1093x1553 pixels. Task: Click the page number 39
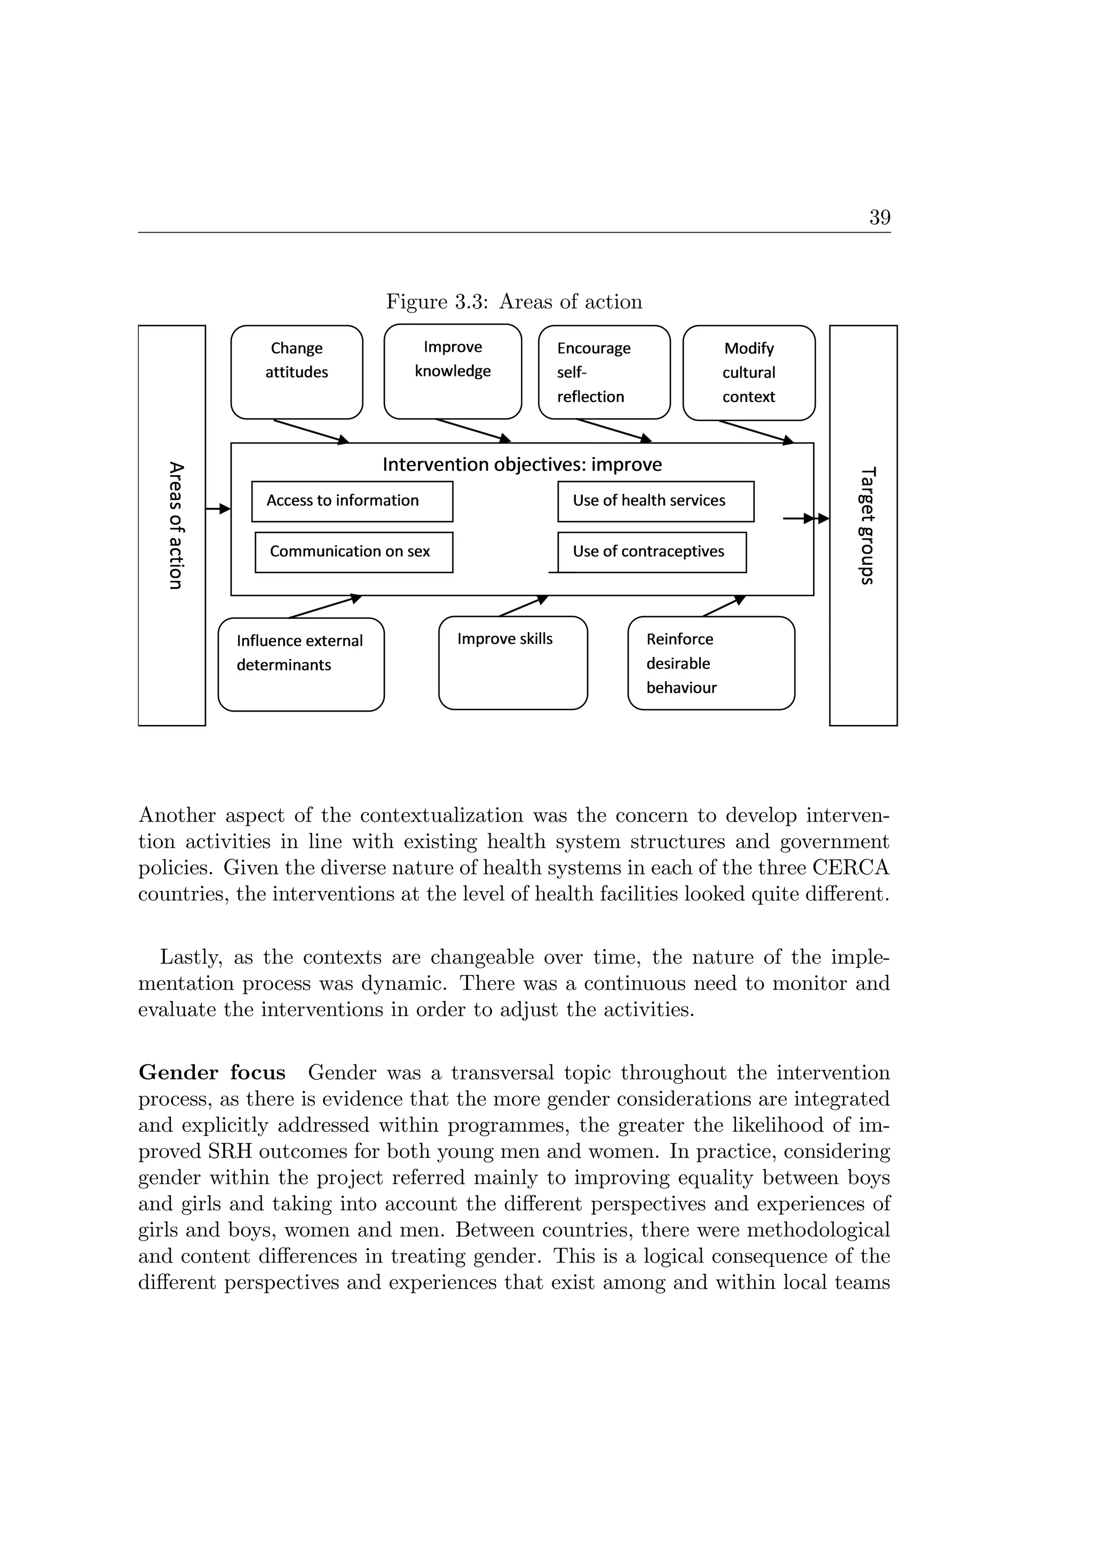[880, 217]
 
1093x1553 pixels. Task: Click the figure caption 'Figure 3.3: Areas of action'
[514, 302]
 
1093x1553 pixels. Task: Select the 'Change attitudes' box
[296, 372]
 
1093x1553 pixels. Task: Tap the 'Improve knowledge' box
[453, 372]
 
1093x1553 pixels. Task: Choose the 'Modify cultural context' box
[749, 373]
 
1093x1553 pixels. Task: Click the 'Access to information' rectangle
[352, 501]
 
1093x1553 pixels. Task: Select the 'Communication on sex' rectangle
[353, 552]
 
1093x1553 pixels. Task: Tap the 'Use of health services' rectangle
[655, 501]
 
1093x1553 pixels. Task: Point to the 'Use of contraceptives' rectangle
[651, 552]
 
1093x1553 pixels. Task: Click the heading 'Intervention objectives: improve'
[522, 464]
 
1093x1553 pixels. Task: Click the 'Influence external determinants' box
[301, 664]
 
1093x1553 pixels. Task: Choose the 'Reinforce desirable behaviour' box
[710, 663]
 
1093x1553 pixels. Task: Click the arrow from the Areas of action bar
[218, 509]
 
